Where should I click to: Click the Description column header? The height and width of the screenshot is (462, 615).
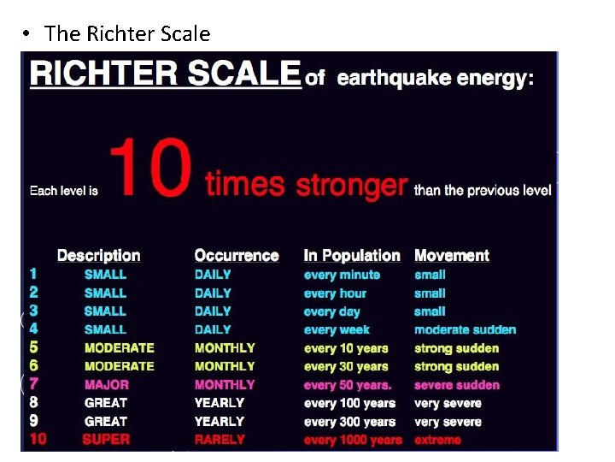point(98,255)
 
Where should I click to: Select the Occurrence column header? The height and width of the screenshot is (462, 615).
point(237,255)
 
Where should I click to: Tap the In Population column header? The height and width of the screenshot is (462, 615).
point(352,255)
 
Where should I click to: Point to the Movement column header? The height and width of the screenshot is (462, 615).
point(452,255)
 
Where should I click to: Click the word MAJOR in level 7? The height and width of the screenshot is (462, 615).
point(107,384)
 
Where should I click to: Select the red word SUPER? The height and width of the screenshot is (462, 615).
point(106,439)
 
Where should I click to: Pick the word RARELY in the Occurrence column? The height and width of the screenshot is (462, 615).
point(220,439)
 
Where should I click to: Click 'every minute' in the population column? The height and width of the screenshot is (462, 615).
point(342,275)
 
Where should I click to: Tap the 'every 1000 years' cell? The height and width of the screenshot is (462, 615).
point(353,440)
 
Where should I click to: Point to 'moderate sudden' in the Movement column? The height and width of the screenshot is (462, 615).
point(466,329)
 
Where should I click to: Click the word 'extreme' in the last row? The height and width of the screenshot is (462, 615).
point(437,440)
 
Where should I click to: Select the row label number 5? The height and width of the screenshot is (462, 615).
point(33,347)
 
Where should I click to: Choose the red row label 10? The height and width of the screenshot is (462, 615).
point(37,439)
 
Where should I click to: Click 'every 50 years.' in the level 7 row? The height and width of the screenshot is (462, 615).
point(348,385)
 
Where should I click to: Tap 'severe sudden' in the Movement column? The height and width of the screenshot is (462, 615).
point(457,385)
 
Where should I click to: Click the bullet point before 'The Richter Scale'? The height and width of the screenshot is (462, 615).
point(28,34)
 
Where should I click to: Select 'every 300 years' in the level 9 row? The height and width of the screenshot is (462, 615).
point(349,421)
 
